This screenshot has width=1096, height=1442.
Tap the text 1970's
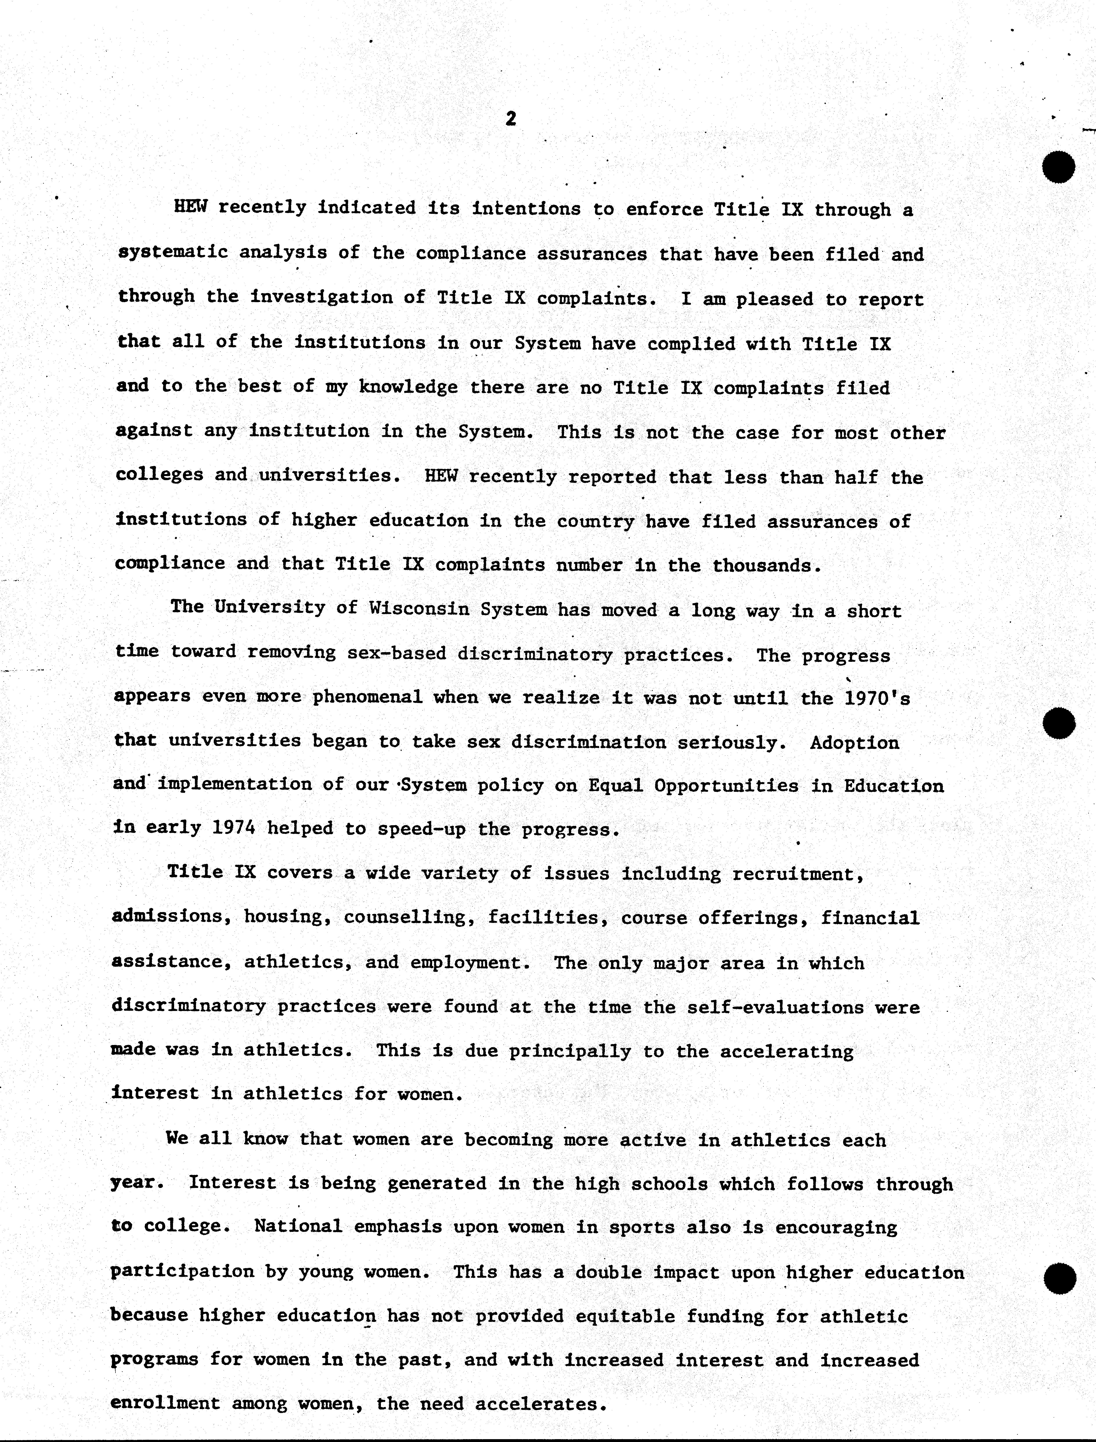(x=878, y=698)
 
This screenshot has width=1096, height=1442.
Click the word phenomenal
(x=367, y=697)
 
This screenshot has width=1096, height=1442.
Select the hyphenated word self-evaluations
(x=775, y=1007)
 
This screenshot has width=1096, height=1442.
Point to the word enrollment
(x=166, y=1404)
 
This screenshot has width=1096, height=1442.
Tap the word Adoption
(x=855, y=743)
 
